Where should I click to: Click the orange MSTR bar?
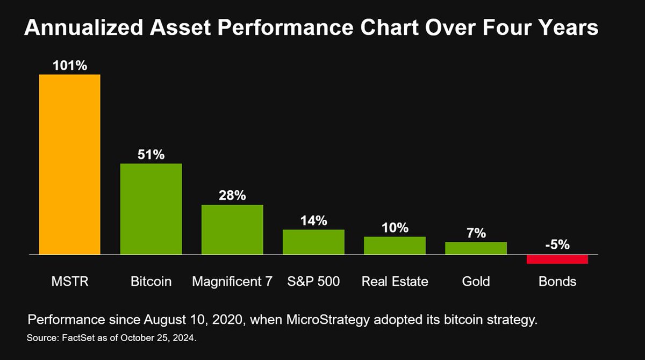(x=70, y=164)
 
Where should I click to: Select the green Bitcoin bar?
(x=151, y=208)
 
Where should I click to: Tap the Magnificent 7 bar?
(x=232, y=229)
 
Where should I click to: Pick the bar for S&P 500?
(x=313, y=242)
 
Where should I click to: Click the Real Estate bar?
(x=395, y=246)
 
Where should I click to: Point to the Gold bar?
(x=476, y=248)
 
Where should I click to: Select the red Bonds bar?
(x=557, y=259)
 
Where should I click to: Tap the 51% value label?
(x=151, y=155)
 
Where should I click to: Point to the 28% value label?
(x=232, y=196)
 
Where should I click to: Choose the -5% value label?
(x=557, y=245)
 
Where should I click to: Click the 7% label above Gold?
(x=476, y=233)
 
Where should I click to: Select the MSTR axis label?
(x=70, y=281)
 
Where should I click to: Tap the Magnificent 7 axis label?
(x=232, y=281)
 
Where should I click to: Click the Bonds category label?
(x=557, y=281)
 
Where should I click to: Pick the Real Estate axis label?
(x=395, y=281)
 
